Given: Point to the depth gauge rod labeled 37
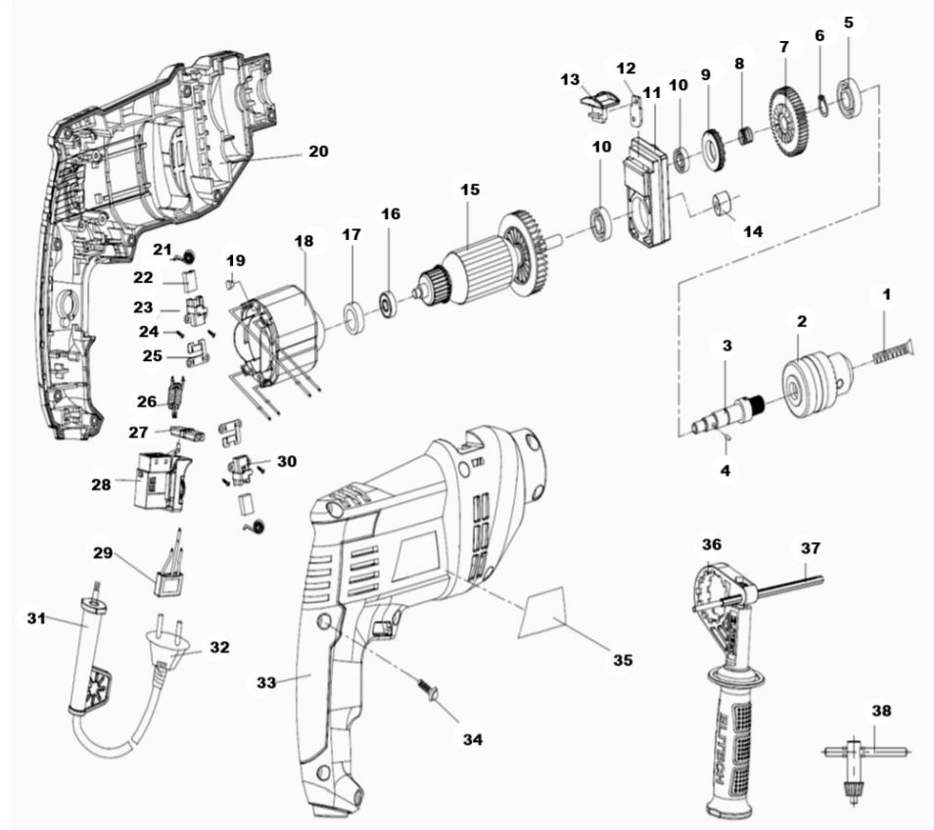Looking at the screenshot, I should coord(789,585).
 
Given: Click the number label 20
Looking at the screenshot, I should coord(318,152).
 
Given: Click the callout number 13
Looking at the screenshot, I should coord(570,77).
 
